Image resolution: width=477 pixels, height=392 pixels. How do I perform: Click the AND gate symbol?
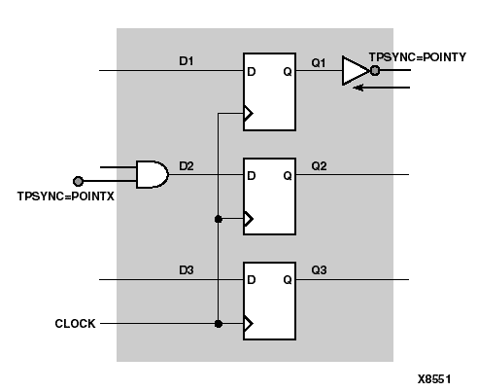click(151, 174)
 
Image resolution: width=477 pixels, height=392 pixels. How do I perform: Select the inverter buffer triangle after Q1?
click(354, 71)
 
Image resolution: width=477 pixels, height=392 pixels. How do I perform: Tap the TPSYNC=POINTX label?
click(59, 196)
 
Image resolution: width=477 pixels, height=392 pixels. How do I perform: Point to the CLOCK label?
click(75, 324)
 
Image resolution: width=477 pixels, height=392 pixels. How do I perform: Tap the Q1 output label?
click(318, 60)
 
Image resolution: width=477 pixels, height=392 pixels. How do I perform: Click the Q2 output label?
click(318, 165)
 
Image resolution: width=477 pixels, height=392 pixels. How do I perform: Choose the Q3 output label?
click(318, 270)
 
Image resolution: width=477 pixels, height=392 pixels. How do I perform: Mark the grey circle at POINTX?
click(79, 181)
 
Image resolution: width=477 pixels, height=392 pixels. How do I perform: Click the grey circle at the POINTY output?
click(375, 71)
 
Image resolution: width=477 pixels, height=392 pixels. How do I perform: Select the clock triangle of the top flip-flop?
click(248, 114)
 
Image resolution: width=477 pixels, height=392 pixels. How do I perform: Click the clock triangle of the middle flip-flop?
click(248, 219)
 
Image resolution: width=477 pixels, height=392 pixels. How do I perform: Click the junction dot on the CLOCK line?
click(219, 324)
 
